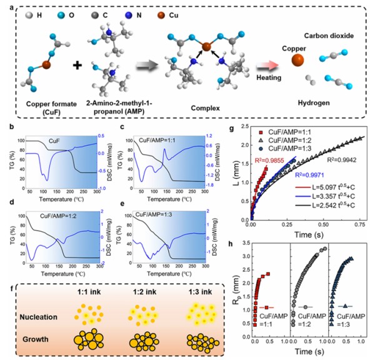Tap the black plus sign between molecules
(x=79, y=65)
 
